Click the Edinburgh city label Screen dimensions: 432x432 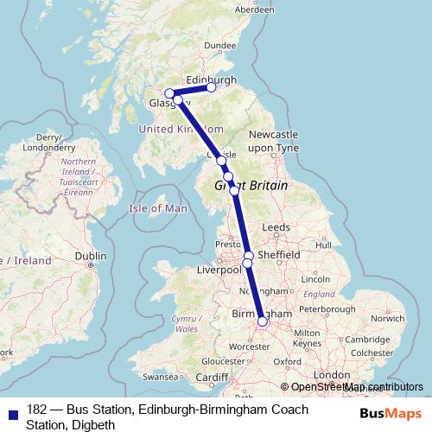point(211,79)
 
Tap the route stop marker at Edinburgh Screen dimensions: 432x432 point(212,87)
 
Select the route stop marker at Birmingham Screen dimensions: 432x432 point(263,323)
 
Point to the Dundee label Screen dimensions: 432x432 point(220,45)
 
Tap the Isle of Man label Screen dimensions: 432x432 point(158,208)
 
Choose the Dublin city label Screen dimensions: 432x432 point(91,256)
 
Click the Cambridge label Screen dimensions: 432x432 point(359,339)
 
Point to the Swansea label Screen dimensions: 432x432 point(160,377)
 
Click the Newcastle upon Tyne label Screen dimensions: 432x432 point(273,142)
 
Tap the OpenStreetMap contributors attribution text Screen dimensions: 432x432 point(356,388)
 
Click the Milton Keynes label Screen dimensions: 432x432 point(308,338)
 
